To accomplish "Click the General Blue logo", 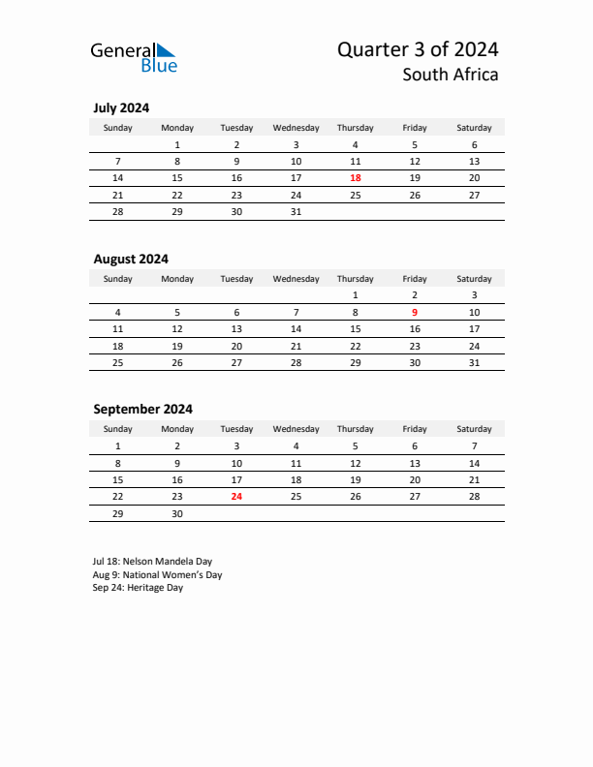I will (x=134, y=57).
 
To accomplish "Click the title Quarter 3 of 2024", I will (x=418, y=49).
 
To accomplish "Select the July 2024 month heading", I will (x=121, y=108).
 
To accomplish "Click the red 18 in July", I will (x=356, y=178).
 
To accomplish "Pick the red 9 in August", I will (x=415, y=312).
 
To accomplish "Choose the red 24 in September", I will (x=236, y=497).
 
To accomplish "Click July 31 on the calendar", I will (x=296, y=211).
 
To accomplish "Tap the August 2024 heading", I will (x=131, y=259).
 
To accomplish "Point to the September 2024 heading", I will (x=142, y=409).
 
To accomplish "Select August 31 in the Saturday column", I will (x=474, y=362).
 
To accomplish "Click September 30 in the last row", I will (x=177, y=514).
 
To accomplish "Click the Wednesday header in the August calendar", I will (x=296, y=279).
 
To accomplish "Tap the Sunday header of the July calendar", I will (x=118, y=128).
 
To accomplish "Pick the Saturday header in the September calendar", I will (x=474, y=429).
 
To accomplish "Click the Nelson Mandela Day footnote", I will (x=152, y=561).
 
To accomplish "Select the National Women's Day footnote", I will (x=158, y=574).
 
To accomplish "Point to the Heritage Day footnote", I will (x=138, y=588).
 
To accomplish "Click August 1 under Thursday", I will (x=356, y=294).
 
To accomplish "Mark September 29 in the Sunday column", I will (x=118, y=514).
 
